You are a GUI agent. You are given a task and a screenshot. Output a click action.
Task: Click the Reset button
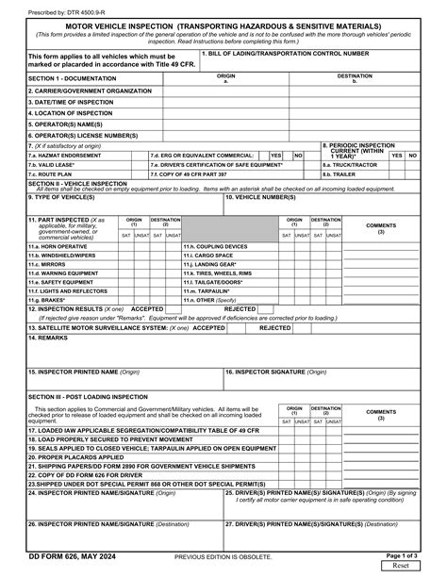point(400,566)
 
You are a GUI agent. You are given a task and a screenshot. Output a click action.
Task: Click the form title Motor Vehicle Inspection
point(223,25)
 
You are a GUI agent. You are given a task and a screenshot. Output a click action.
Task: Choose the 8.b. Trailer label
point(341,173)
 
